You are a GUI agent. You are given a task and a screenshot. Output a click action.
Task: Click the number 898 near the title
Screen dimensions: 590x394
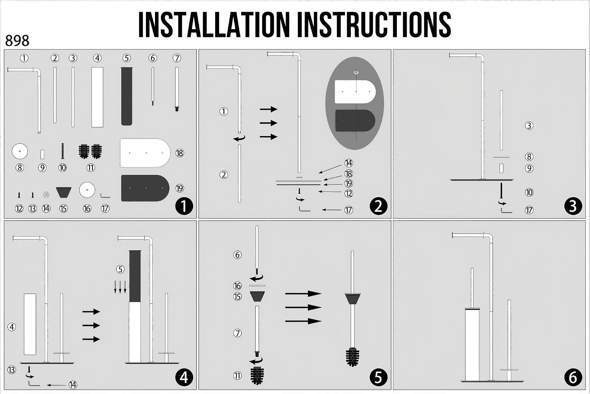(17, 41)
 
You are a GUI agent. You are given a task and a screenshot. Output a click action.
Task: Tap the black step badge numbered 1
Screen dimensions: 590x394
(184, 206)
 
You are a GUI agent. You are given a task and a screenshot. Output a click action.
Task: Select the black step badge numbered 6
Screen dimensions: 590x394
(573, 377)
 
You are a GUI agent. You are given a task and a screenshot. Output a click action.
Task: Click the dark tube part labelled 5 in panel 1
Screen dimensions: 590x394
(126, 96)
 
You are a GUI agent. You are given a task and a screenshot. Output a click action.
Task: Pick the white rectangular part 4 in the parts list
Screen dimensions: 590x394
(97, 97)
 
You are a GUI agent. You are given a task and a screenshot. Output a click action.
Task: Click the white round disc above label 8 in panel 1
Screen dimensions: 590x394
(20, 151)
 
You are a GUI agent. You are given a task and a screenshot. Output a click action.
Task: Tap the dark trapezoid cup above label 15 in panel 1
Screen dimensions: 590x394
(63, 192)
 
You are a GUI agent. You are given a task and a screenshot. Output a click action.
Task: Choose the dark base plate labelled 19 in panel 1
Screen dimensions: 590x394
(145, 188)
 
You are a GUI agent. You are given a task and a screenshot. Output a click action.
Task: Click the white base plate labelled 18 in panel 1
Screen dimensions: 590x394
(145, 153)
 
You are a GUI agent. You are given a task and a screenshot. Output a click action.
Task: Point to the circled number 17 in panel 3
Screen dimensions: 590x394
(529, 210)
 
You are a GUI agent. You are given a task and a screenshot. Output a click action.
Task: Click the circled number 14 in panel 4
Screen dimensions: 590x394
(73, 385)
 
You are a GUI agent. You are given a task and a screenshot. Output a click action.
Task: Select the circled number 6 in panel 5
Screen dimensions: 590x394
(237, 255)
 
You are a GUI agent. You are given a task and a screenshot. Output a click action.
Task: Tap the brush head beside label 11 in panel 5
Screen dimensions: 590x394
(257, 375)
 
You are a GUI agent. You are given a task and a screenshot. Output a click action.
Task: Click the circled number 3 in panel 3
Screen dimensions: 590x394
(529, 126)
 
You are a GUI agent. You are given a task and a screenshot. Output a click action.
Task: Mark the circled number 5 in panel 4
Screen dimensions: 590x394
(120, 269)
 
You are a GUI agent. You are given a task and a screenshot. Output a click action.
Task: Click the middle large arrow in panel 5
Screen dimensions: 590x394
(303, 307)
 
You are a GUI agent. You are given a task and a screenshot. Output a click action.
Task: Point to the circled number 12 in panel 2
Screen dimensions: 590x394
(348, 194)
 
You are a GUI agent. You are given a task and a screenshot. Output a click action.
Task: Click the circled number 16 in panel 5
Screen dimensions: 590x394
(237, 286)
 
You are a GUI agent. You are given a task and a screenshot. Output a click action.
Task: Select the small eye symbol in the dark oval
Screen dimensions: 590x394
(356, 72)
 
